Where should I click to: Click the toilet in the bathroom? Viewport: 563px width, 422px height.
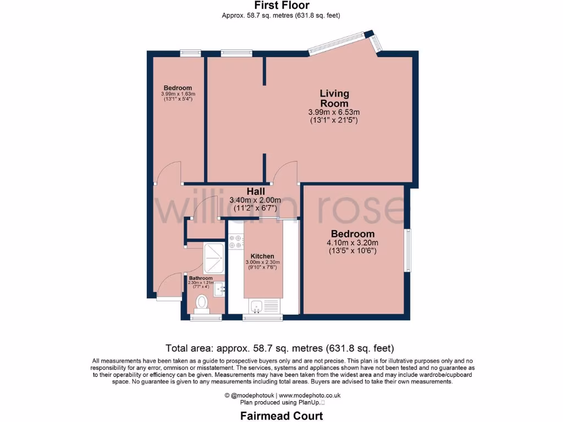click(202, 302)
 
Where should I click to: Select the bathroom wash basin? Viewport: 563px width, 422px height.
click(220, 288)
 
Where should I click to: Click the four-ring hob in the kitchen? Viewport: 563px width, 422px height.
click(236, 242)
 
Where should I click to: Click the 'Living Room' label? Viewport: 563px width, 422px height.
click(334, 98)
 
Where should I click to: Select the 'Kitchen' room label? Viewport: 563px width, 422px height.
click(262, 256)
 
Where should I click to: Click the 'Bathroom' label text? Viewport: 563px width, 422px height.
click(201, 279)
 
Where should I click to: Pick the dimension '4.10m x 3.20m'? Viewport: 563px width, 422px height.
click(352, 243)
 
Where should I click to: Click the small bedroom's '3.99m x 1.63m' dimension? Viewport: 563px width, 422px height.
click(178, 94)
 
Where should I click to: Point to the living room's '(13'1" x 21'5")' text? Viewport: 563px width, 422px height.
click(334, 120)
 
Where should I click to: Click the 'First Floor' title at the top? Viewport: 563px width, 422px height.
click(281, 5)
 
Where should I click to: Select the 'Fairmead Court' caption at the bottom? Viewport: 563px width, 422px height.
click(281, 416)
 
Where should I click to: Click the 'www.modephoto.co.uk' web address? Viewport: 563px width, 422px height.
click(310, 395)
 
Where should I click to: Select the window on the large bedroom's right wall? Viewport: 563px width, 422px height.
click(408, 250)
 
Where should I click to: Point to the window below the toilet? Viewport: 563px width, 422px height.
click(206, 317)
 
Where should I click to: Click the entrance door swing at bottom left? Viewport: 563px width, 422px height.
click(169, 287)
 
